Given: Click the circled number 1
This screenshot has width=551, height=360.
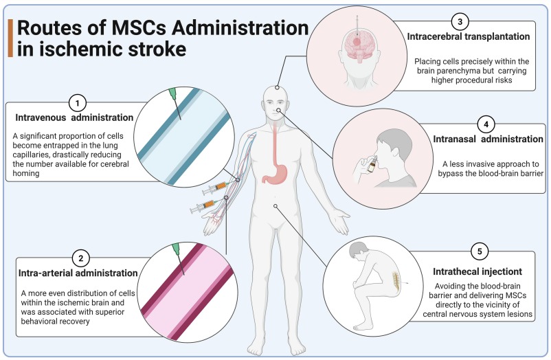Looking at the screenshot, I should pos(78,102).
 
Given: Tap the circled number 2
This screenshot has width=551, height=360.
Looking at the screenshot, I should pos(80,258).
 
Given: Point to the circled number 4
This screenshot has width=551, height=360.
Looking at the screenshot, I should pos(486,124).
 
